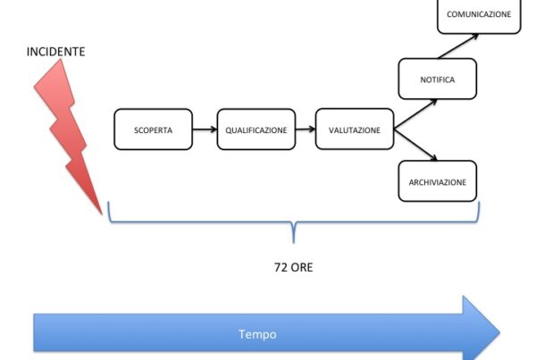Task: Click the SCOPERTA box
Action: pos(155,130)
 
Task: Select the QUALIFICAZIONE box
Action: pos(255,130)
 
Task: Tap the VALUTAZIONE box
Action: pos(355,130)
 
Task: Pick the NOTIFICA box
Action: pos(437,80)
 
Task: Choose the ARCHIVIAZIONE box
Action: pos(437,181)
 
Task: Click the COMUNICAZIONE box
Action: pos(479,15)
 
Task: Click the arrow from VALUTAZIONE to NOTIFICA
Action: pos(416,112)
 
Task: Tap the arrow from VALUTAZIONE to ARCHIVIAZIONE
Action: pos(416,148)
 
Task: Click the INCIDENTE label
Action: pos(56,52)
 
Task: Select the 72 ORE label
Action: pos(293,267)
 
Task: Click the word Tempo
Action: pos(257,334)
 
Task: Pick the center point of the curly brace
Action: pos(293,237)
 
